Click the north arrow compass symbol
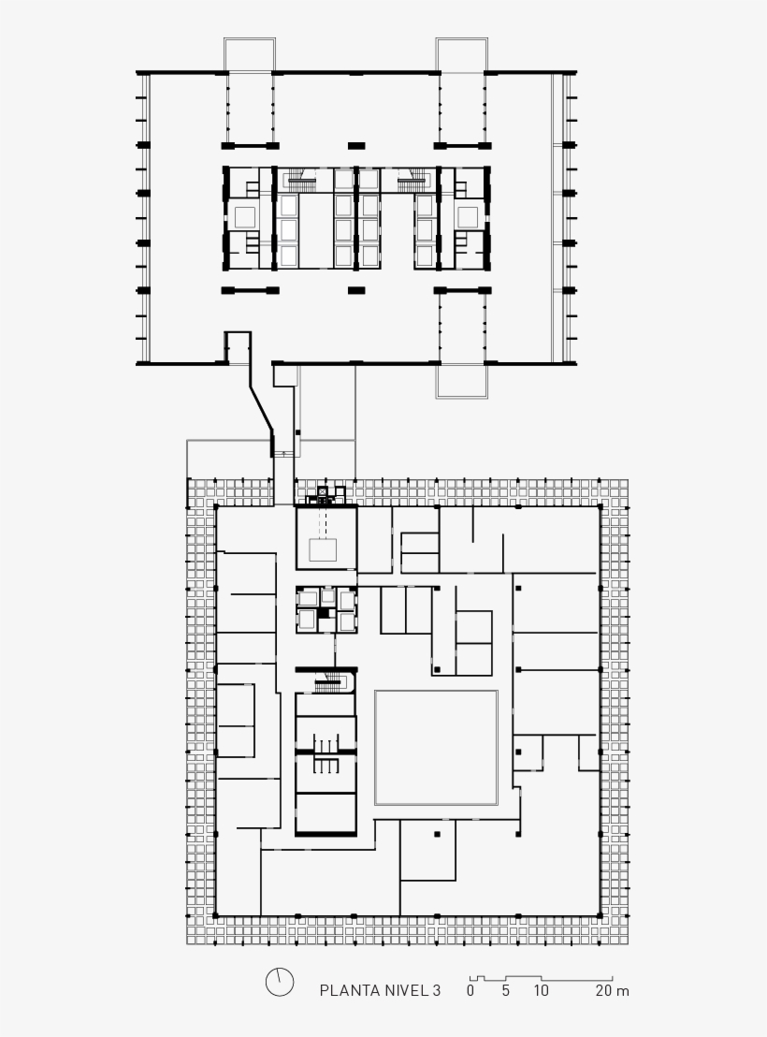[x=279, y=982]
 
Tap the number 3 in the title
[x=437, y=991]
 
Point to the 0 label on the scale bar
[x=470, y=991]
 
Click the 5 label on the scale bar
[x=506, y=991]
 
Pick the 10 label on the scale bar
[x=541, y=991]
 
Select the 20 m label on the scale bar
[x=613, y=991]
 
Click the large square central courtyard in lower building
[x=437, y=747]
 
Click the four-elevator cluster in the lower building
[x=326, y=609]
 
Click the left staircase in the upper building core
[x=301, y=179]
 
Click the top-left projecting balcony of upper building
[x=249, y=54]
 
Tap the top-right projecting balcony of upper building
[x=461, y=54]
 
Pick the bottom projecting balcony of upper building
[x=461, y=382]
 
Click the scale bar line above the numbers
[x=541, y=978]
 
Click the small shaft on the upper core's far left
[x=245, y=216]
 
